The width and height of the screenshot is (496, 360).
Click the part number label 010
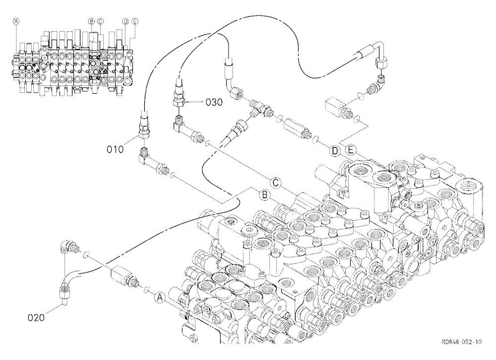[115, 149]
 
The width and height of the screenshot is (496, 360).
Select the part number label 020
[36, 318]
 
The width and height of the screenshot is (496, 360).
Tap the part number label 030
[214, 102]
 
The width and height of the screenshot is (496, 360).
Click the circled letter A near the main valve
[160, 297]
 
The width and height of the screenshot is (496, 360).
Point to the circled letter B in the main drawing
[265, 194]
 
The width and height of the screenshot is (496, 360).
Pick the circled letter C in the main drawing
[275, 182]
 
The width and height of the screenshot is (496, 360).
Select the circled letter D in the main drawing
[334, 151]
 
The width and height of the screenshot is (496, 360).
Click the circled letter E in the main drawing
[350, 149]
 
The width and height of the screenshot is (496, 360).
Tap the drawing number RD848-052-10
[461, 342]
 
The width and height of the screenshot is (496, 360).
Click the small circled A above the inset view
[16, 21]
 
